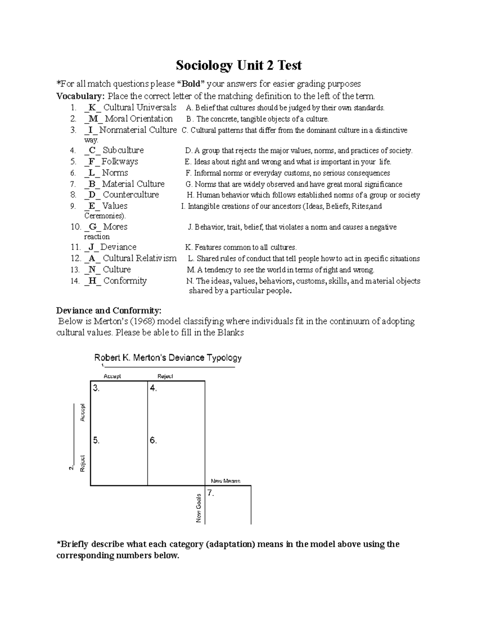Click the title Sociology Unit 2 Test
[x=239, y=65]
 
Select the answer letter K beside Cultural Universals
[x=92, y=108]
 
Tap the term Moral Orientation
[x=139, y=119]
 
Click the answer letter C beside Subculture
[x=92, y=150]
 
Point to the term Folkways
[x=119, y=161]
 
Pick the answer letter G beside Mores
[x=93, y=227]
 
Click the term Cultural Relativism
[x=139, y=258]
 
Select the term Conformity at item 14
[x=125, y=281]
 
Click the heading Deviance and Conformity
[x=109, y=310]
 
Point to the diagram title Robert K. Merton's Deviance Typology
[x=168, y=358]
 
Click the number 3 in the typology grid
[x=96, y=388]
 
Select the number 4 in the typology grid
[x=153, y=388]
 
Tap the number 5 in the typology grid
[x=96, y=440]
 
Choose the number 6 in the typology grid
[x=153, y=440]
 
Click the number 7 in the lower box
[x=211, y=493]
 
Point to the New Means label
[x=225, y=481]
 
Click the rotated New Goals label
[x=198, y=508]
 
